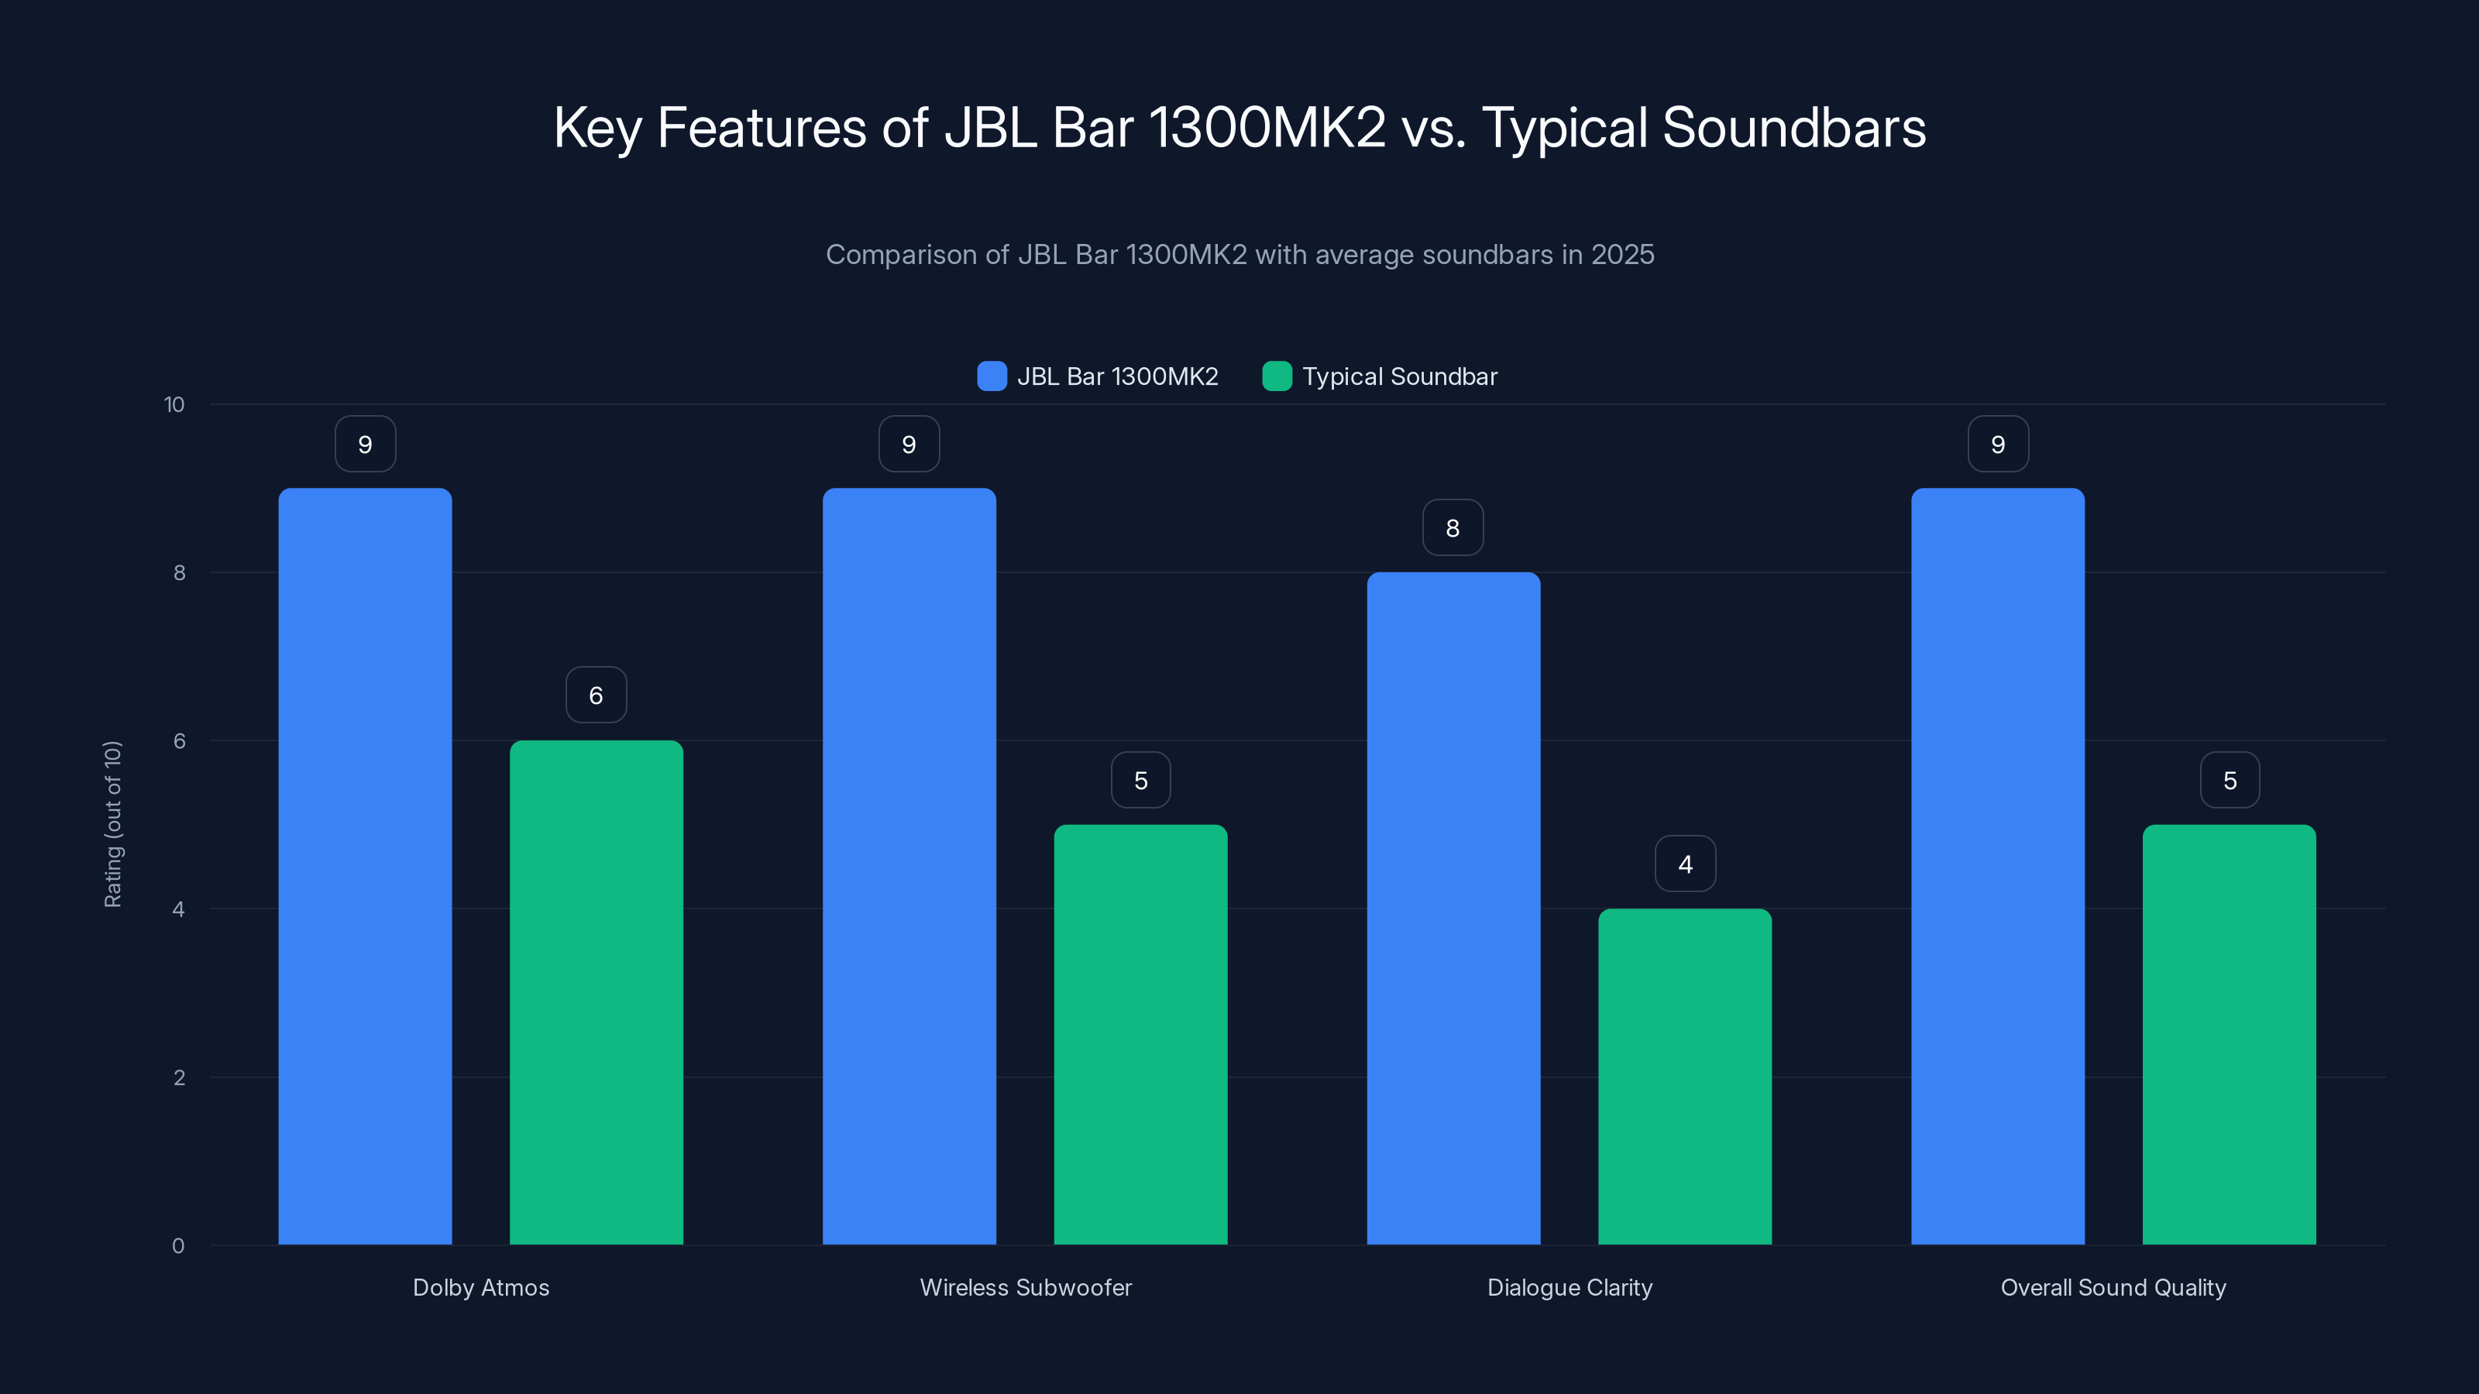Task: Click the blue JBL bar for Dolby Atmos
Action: pyautogui.click(x=365, y=866)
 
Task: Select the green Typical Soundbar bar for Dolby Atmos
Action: pyautogui.click(x=596, y=992)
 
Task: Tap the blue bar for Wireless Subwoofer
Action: pyautogui.click(x=909, y=866)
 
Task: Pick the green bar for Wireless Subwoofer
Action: pyautogui.click(x=1140, y=1034)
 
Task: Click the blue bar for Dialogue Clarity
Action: pyautogui.click(x=1453, y=908)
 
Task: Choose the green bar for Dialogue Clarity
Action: pyautogui.click(x=1684, y=1076)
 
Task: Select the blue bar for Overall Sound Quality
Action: pyautogui.click(x=1998, y=866)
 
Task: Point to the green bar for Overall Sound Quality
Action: pyautogui.click(x=2229, y=1034)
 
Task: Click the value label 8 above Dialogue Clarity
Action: pyautogui.click(x=1453, y=527)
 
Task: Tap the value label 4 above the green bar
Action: pyautogui.click(x=1685, y=864)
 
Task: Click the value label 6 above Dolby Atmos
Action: pyautogui.click(x=596, y=695)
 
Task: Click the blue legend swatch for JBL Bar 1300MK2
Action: pyautogui.click(x=992, y=376)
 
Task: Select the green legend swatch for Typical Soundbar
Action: pyautogui.click(x=1276, y=376)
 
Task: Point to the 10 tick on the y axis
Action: pyautogui.click(x=174, y=404)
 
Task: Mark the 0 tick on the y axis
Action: pyautogui.click(x=178, y=1246)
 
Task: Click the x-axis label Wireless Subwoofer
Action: pyautogui.click(x=1025, y=1287)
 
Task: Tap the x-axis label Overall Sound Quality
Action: pyautogui.click(x=2113, y=1287)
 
